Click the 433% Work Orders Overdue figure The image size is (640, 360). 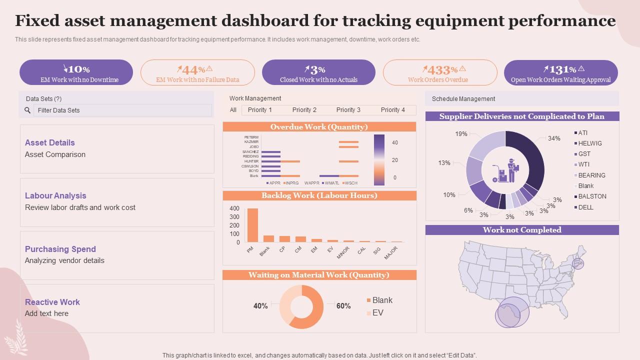pos(439,69)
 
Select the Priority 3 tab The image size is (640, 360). pos(348,110)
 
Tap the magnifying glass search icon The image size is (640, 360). pos(27,110)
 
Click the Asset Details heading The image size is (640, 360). pos(50,142)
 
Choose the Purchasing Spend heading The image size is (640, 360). pos(60,249)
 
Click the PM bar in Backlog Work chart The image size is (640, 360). pos(252,225)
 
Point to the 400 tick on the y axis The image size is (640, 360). pos(234,208)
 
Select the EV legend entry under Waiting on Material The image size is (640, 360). pos(377,312)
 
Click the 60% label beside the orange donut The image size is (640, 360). pos(343,306)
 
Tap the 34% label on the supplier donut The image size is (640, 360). pos(554,138)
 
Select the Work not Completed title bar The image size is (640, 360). pos(522,230)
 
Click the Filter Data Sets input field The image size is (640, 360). pos(122,110)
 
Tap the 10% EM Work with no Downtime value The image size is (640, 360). pos(76,69)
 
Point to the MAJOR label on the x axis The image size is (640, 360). pos(391,252)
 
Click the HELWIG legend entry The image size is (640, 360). pos(589,143)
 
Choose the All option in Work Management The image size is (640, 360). pos(233,110)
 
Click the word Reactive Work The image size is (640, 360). pos(52,302)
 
